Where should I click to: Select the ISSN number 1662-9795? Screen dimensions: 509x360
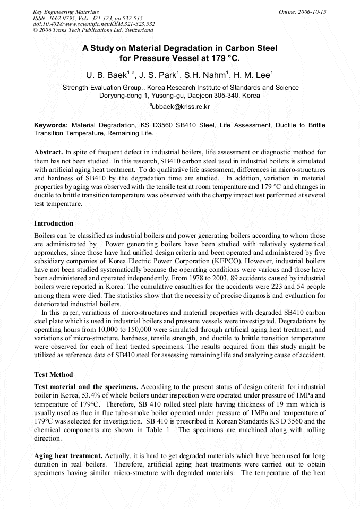click(59, 18)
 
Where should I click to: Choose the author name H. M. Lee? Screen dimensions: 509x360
click(254, 75)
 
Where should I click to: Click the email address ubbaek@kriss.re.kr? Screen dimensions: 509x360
click(181, 107)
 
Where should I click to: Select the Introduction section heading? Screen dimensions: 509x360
click(54, 223)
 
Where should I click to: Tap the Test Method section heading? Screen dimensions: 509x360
click(53, 374)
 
